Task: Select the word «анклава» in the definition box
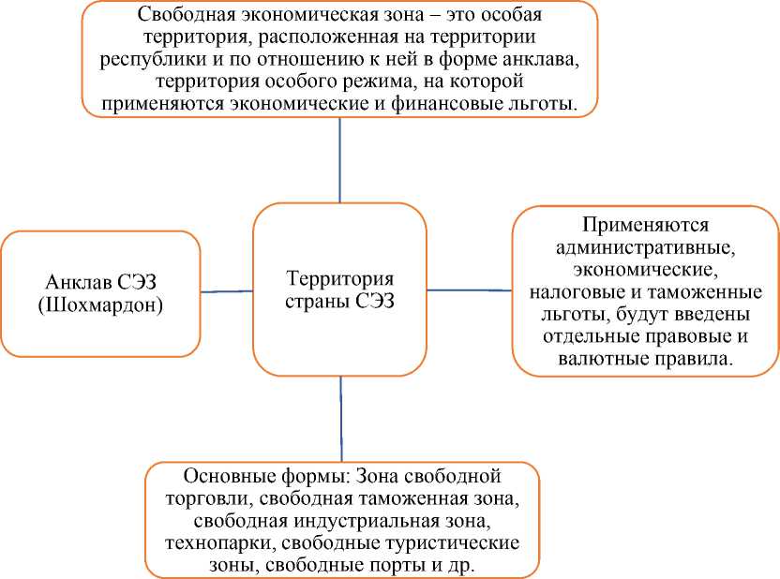pos(531,59)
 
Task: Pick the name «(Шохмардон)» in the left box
pos(101,305)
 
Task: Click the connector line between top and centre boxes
pos(340,160)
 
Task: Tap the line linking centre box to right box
pos(469,290)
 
